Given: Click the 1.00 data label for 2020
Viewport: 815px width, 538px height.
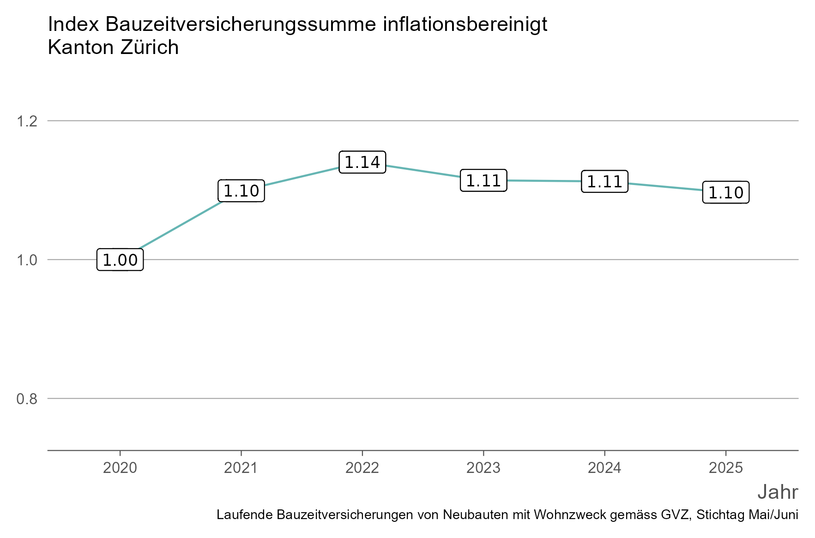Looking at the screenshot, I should [x=120, y=260].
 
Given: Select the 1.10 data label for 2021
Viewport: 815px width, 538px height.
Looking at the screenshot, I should [x=241, y=191].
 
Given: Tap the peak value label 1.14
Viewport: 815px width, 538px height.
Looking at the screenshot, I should [x=362, y=162].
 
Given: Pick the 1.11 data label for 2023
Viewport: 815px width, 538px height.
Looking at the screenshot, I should [x=483, y=180].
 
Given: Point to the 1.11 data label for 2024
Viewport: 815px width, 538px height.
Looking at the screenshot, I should [x=604, y=181].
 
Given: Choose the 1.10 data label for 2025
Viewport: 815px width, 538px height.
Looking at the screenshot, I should [x=726, y=192].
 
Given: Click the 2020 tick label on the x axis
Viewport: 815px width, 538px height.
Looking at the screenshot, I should [x=120, y=468].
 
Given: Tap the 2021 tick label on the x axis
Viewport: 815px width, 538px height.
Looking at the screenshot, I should [x=241, y=468].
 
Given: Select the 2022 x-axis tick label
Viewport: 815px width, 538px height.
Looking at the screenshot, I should [x=362, y=468].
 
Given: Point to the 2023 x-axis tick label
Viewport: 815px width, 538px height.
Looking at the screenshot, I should [x=483, y=468].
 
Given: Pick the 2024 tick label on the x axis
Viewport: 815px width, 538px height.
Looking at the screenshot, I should [x=604, y=468].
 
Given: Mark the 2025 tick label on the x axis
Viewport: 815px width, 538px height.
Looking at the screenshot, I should [x=726, y=468].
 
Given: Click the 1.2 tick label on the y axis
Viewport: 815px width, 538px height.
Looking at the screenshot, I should [x=27, y=121].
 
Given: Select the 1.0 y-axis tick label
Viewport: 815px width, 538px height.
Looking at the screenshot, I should [x=27, y=260].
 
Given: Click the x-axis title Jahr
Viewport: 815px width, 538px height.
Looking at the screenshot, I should [x=778, y=492].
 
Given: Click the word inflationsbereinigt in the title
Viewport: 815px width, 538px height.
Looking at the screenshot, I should [x=465, y=24].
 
